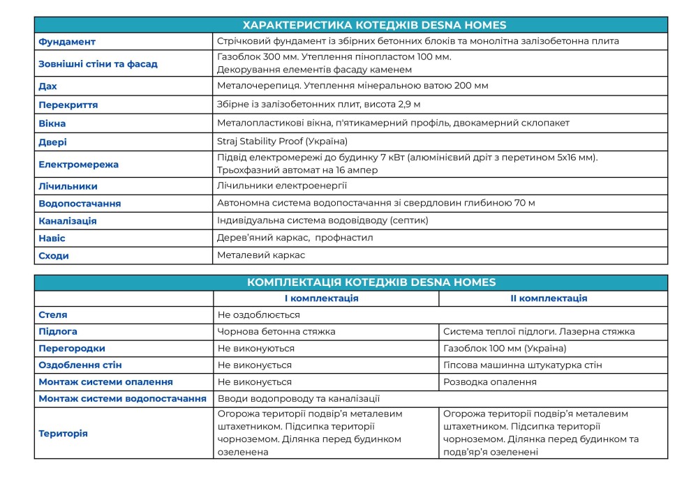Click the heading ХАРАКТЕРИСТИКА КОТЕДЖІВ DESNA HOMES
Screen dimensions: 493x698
(350, 25)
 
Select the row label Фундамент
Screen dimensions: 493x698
(67, 42)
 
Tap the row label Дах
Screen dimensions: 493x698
(48, 86)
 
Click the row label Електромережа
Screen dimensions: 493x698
(78, 165)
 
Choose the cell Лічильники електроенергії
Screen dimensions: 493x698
(282, 186)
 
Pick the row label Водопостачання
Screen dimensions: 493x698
(80, 204)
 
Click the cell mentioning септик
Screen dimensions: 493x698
(322, 220)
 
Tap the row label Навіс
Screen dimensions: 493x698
(52, 238)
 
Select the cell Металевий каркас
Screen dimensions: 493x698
(261, 255)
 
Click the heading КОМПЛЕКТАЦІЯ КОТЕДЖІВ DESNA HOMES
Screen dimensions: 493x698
(350, 282)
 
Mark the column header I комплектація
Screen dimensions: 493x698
(326, 298)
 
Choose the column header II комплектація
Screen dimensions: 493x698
(553, 298)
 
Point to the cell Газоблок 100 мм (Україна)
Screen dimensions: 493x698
(505, 349)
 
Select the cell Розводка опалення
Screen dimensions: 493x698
(490, 382)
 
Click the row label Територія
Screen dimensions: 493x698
(63, 434)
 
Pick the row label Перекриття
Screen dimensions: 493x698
(68, 105)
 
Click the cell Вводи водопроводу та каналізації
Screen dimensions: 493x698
(299, 399)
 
